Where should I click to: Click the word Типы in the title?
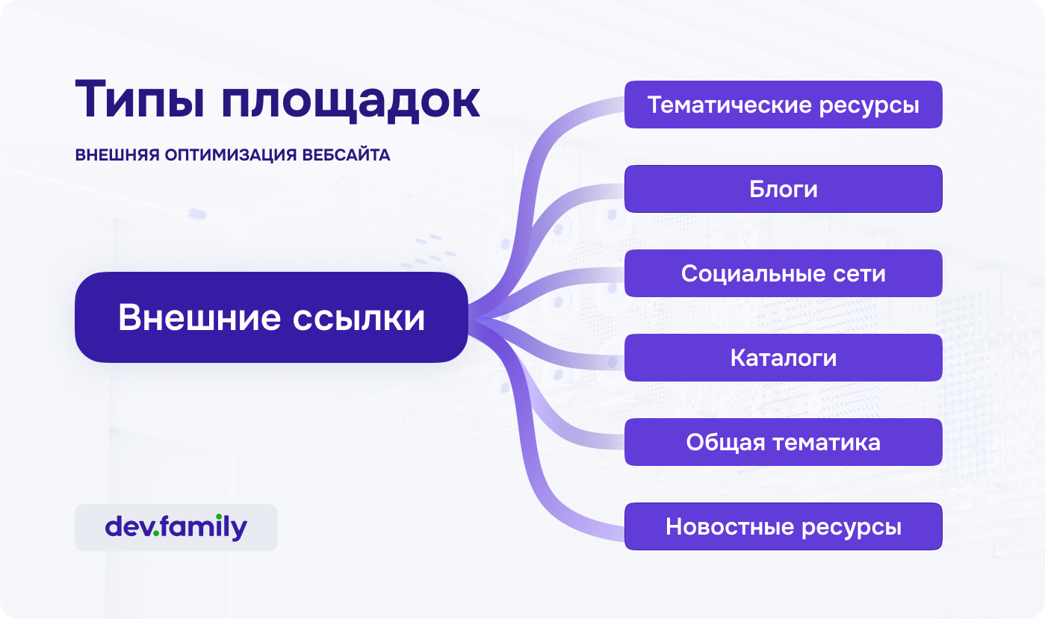coord(140,99)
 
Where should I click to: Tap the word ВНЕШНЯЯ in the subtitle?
coord(117,155)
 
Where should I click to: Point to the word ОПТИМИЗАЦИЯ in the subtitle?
coord(231,155)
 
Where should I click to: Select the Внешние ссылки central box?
coord(271,317)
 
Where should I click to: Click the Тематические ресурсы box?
coord(784,105)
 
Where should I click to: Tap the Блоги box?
coord(784,189)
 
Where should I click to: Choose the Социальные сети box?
coord(784,273)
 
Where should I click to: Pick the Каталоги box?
coord(784,358)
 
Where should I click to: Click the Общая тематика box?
coord(784,442)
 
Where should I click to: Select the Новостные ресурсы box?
coord(784,526)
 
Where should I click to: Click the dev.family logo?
coord(176,528)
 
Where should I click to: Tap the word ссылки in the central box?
coord(359,318)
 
